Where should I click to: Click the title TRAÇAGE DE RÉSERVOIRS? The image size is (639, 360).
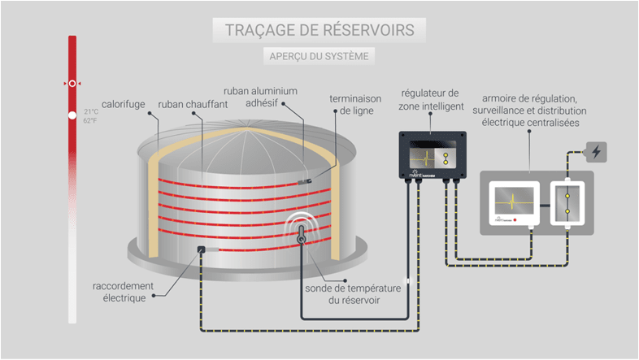(319, 30)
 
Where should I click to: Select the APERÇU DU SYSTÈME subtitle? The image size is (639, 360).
(319, 57)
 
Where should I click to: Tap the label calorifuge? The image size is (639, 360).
(124, 105)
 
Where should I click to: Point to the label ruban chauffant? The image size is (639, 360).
(186, 105)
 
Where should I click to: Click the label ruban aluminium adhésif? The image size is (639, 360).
(260, 98)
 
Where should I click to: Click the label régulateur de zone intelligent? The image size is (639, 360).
(431, 99)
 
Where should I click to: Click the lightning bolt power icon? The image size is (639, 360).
(596, 151)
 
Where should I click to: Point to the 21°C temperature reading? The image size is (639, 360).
(91, 112)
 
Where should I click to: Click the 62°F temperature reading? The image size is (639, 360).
(91, 120)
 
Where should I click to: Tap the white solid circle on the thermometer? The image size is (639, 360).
(72, 115)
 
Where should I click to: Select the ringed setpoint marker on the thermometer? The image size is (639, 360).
(72, 83)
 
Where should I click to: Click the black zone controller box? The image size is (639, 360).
(432, 154)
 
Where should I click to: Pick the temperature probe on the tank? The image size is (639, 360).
(300, 236)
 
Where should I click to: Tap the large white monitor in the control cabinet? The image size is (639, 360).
(515, 202)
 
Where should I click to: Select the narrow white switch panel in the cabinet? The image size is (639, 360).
(568, 202)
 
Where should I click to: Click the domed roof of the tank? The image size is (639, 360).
(244, 150)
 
